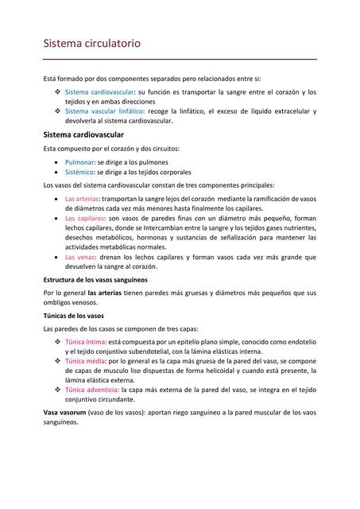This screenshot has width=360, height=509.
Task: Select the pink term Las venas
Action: [x=80, y=258]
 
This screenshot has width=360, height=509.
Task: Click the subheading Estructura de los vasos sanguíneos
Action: [x=95, y=280]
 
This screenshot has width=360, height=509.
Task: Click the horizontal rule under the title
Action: [x=180, y=59]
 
